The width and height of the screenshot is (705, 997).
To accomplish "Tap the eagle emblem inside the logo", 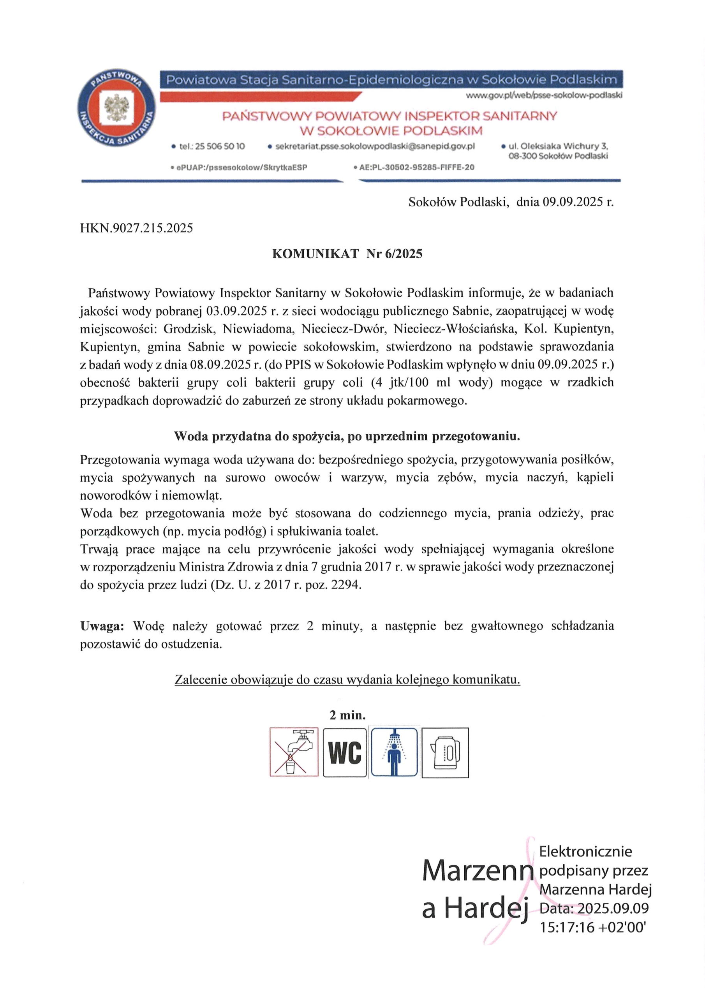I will (x=116, y=108).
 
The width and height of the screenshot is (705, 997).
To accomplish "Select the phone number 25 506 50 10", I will (x=220, y=147).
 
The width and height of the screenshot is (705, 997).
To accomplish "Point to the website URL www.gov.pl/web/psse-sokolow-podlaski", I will (x=544, y=95).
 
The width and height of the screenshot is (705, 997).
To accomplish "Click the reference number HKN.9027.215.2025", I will (x=136, y=228).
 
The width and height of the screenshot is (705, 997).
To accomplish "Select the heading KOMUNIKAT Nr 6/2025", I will (x=347, y=254).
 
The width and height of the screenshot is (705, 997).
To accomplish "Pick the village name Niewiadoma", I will (x=259, y=329).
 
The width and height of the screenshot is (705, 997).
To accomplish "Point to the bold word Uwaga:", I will (x=102, y=626).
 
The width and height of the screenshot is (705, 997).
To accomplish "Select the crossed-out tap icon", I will (x=294, y=752).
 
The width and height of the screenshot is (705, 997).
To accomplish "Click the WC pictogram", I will (x=345, y=752).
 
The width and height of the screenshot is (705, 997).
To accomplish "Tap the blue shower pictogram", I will (x=394, y=752).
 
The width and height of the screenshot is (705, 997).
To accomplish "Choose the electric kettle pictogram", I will (x=445, y=752).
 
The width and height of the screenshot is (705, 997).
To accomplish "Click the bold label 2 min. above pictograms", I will (x=347, y=715).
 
